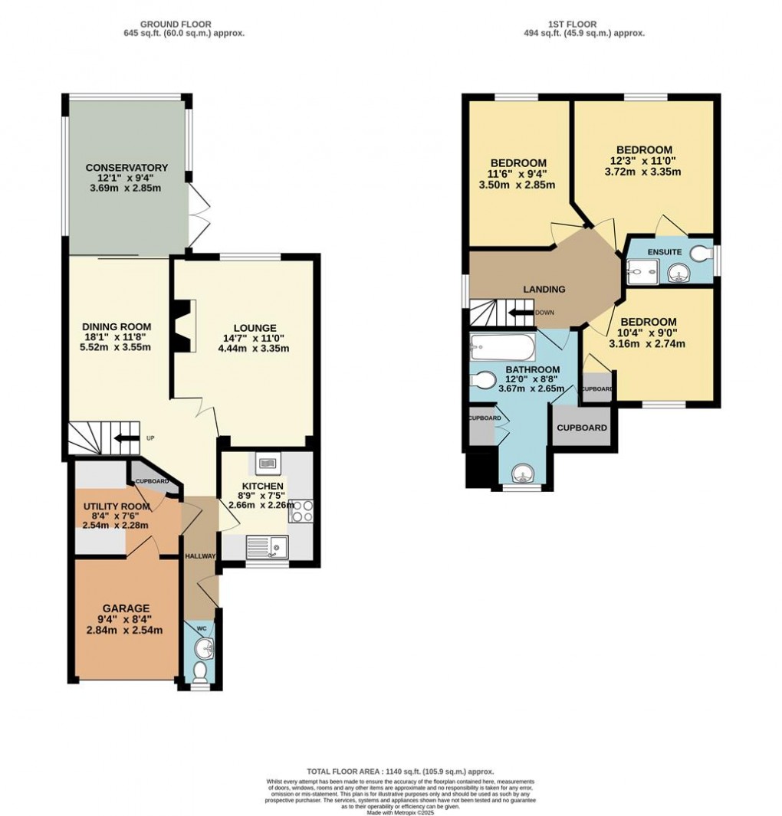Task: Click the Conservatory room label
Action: pyautogui.click(x=127, y=168)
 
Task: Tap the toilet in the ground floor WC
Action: pyautogui.click(x=199, y=671)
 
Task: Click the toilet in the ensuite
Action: pyautogui.click(x=700, y=252)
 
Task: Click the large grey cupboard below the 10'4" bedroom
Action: pyautogui.click(x=581, y=428)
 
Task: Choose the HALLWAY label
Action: pyautogui.click(x=199, y=555)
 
